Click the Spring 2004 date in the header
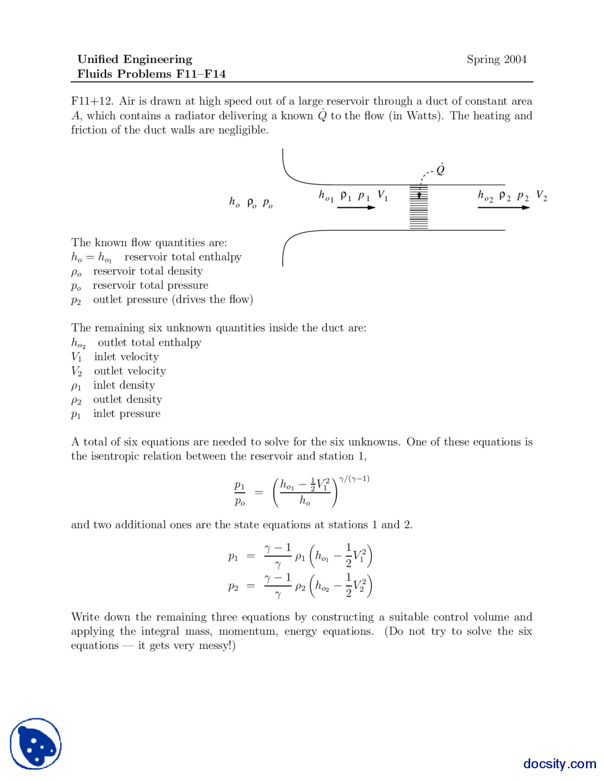496,59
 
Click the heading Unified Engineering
135,59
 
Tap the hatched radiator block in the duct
419,208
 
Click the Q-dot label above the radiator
441,169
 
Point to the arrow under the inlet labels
356,208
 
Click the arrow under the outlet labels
503,208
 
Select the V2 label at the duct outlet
541,196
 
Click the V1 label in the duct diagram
383,196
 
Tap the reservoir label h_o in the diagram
235,202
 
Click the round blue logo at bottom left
36,744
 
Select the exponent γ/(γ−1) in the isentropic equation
354,479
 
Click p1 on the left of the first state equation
233,557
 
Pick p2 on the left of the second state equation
233,587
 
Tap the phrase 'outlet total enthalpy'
150,342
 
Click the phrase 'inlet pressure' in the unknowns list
126,414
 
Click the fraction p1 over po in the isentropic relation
240,493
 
